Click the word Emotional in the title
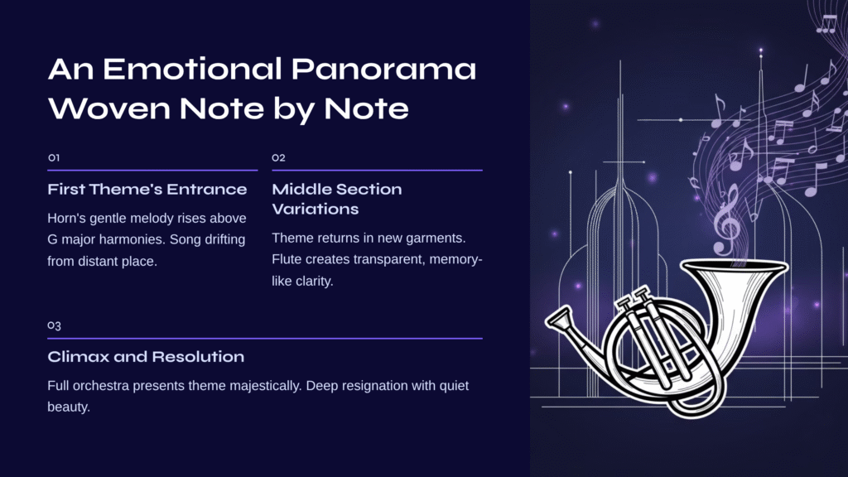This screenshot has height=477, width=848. [x=192, y=70]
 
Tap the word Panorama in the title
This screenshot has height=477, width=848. [x=383, y=70]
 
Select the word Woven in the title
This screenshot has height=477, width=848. [x=110, y=108]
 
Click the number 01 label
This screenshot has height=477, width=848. [x=54, y=158]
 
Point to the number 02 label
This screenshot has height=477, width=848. [x=278, y=158]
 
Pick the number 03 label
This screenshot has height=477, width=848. [x=54, y=325]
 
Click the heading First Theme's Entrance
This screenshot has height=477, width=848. [x=147, y=190]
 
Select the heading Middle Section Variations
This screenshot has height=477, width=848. [x=337, y=199]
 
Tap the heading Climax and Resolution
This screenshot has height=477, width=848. [x=146, y=357]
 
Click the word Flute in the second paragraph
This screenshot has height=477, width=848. [x=287, y=259]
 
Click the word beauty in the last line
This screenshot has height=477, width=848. [x=67, y=407]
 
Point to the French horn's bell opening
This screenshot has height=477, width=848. [x=734, y=267]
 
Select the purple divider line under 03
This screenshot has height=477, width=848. [x=265, y=339]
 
